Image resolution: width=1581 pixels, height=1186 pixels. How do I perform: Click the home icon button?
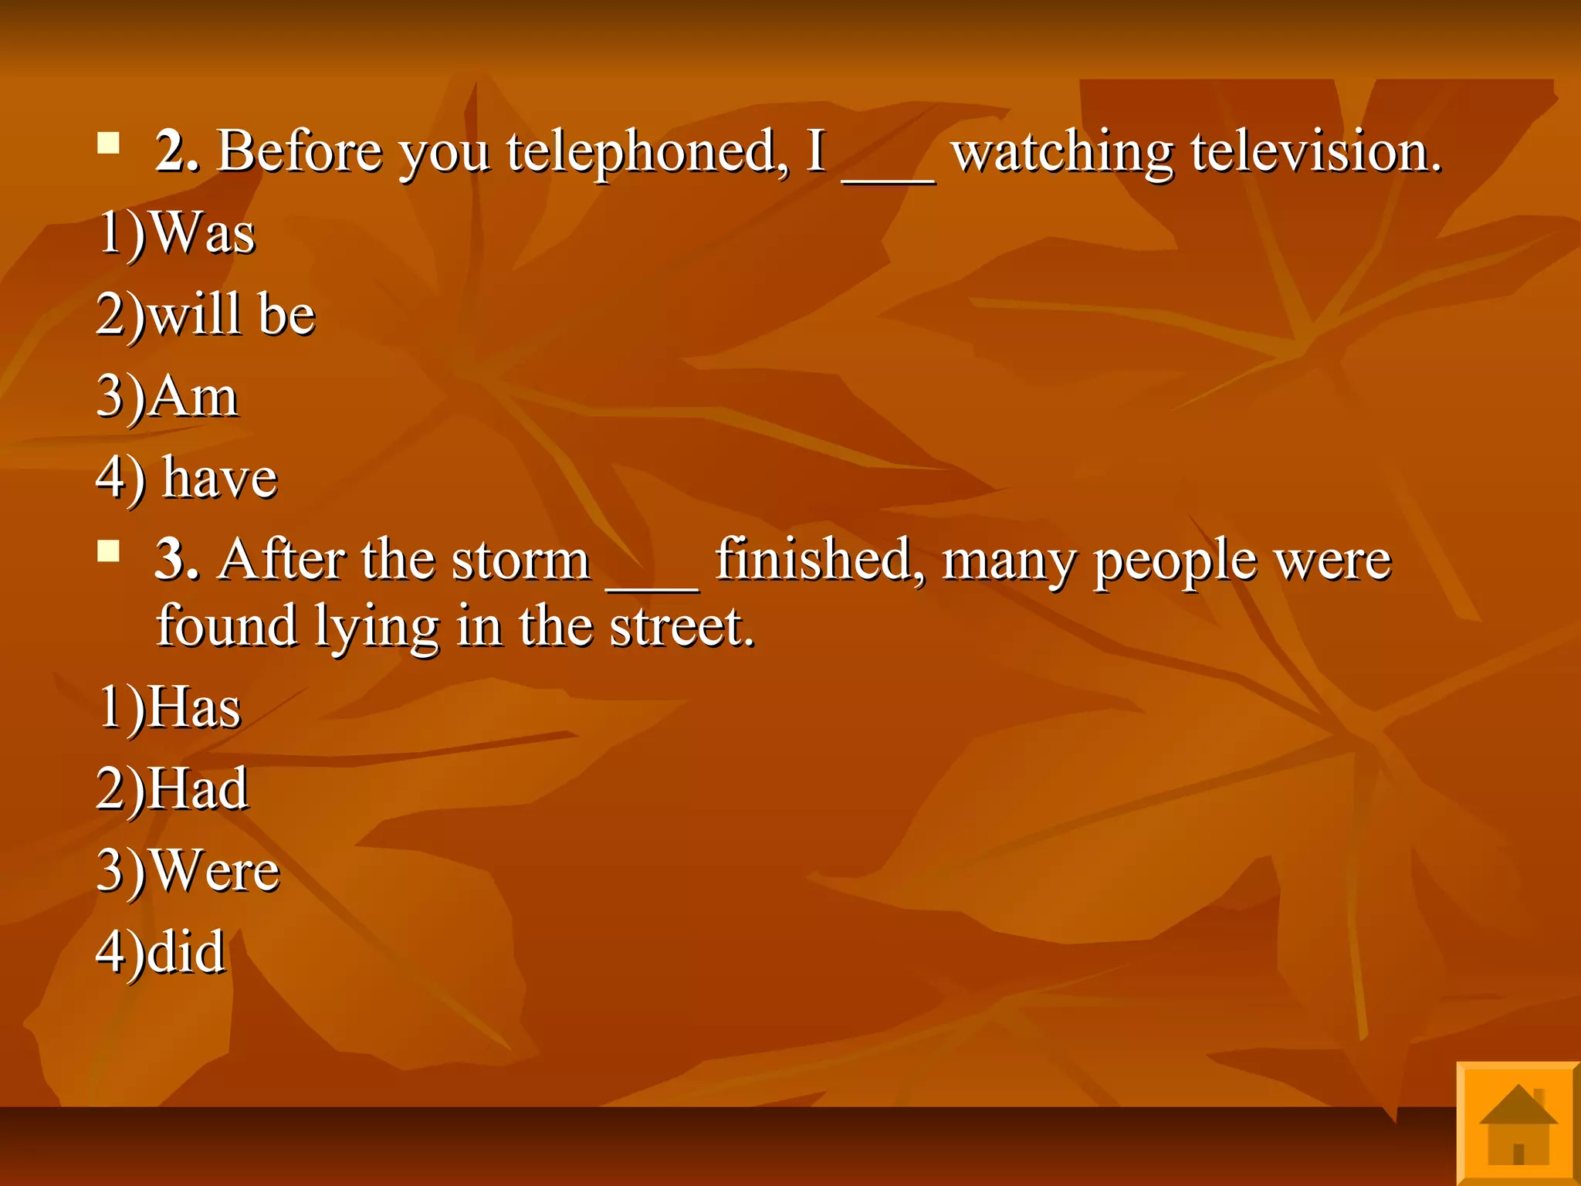click(x=1518, y=1124)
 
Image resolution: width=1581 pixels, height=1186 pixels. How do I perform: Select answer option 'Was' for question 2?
click(x=177, y=232)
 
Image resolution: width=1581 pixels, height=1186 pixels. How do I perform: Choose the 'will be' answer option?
click(x=206, y=314)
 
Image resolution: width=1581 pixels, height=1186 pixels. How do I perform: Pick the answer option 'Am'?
click(x=168, y=396)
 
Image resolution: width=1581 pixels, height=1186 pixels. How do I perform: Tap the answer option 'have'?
click(x=187, y=478)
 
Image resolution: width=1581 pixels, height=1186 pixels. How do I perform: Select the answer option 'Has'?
click(x=169, y=707)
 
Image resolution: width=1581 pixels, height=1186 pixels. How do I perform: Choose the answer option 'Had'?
click(x=172, y=788)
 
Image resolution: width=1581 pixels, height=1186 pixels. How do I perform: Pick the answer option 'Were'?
click(x=188, y=870)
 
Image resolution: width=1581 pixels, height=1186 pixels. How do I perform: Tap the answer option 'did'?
click(x=161, y=952)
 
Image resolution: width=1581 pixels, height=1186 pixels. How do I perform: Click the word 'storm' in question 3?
click(x=521, y=559)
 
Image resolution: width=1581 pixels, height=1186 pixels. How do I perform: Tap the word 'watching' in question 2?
click(x=1062, y=152)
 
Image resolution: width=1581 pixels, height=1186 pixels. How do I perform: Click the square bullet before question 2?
click(x=109, y=144)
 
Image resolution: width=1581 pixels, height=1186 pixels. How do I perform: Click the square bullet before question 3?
click(x=109, y=551)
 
